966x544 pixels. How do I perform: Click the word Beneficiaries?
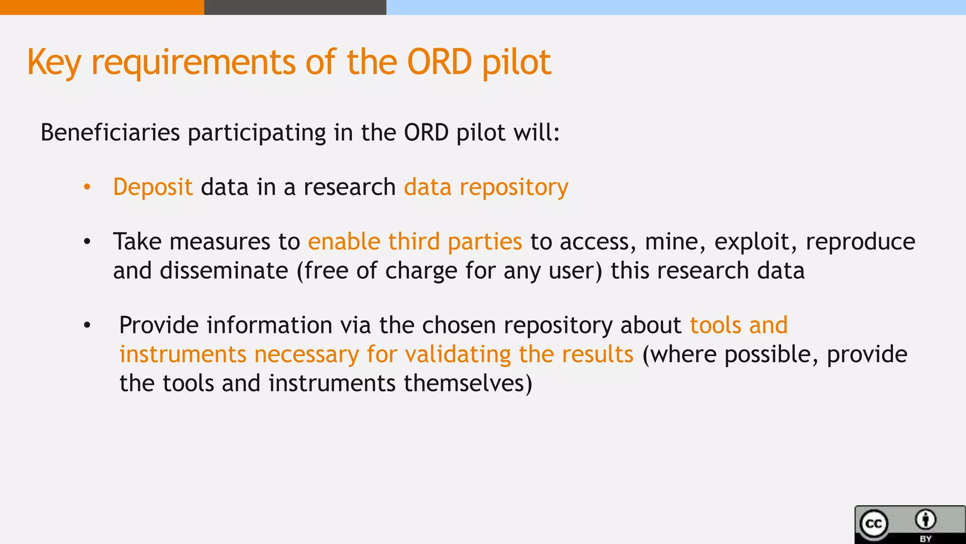point(110,133)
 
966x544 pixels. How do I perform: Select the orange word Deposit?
point(153,187)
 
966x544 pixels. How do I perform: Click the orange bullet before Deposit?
point(87,187)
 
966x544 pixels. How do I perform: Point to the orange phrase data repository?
point(486,187)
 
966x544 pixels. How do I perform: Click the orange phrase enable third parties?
point(415,242)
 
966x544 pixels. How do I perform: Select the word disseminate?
point(224,271)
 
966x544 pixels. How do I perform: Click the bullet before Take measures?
point(87,242)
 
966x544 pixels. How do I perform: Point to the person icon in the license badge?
point(925,520)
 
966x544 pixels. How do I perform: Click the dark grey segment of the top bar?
point(295,7)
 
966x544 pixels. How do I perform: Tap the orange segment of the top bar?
point(101,7)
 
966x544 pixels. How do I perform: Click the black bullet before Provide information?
point(87,326)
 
